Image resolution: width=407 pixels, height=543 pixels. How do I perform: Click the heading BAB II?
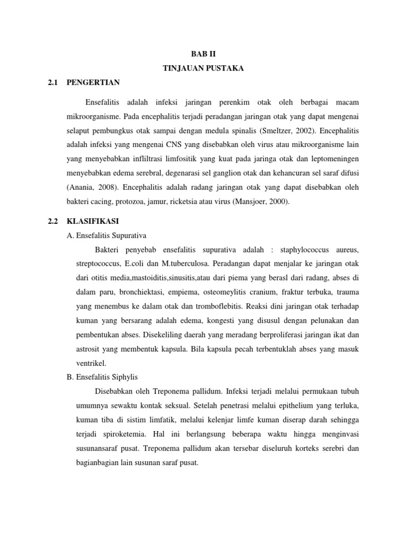pyautogui.click(x=203, y=54)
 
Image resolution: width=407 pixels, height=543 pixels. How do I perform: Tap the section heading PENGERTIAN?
pyautogui.click(x=93, y=82)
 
